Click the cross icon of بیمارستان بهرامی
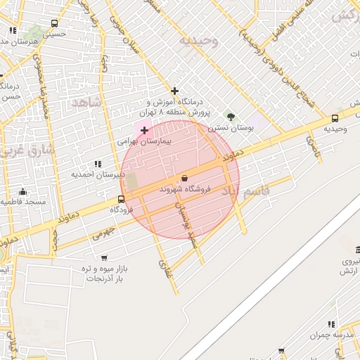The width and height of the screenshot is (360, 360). pos(145,130)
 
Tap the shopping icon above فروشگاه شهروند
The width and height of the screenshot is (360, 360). pos(184,178)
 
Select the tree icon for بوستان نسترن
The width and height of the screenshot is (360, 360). pos(229,116)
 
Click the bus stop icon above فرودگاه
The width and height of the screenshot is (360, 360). pos(122,199)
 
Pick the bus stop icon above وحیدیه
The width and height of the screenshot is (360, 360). pos(334,118)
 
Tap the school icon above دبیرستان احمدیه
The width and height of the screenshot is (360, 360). pos(98,163)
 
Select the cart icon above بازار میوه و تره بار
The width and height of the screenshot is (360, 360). pos(104,258)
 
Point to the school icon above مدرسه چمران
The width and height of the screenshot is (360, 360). pos(331,324)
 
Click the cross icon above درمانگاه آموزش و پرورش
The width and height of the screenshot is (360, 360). pos(175,90)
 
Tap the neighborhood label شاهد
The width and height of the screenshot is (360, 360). pos(87,103)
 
